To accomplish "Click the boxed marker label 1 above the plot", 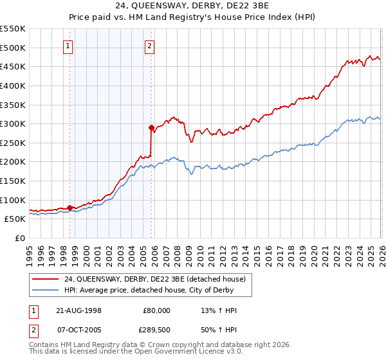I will coord(69,46).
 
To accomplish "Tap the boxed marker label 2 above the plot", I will coord(149,46).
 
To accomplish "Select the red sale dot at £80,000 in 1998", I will coord(70,208).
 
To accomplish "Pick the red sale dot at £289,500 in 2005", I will coord(151,127).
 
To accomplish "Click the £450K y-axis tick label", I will coord(13,66).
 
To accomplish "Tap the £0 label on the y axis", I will coord(21,238).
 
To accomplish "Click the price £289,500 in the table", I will coord(157,330).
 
